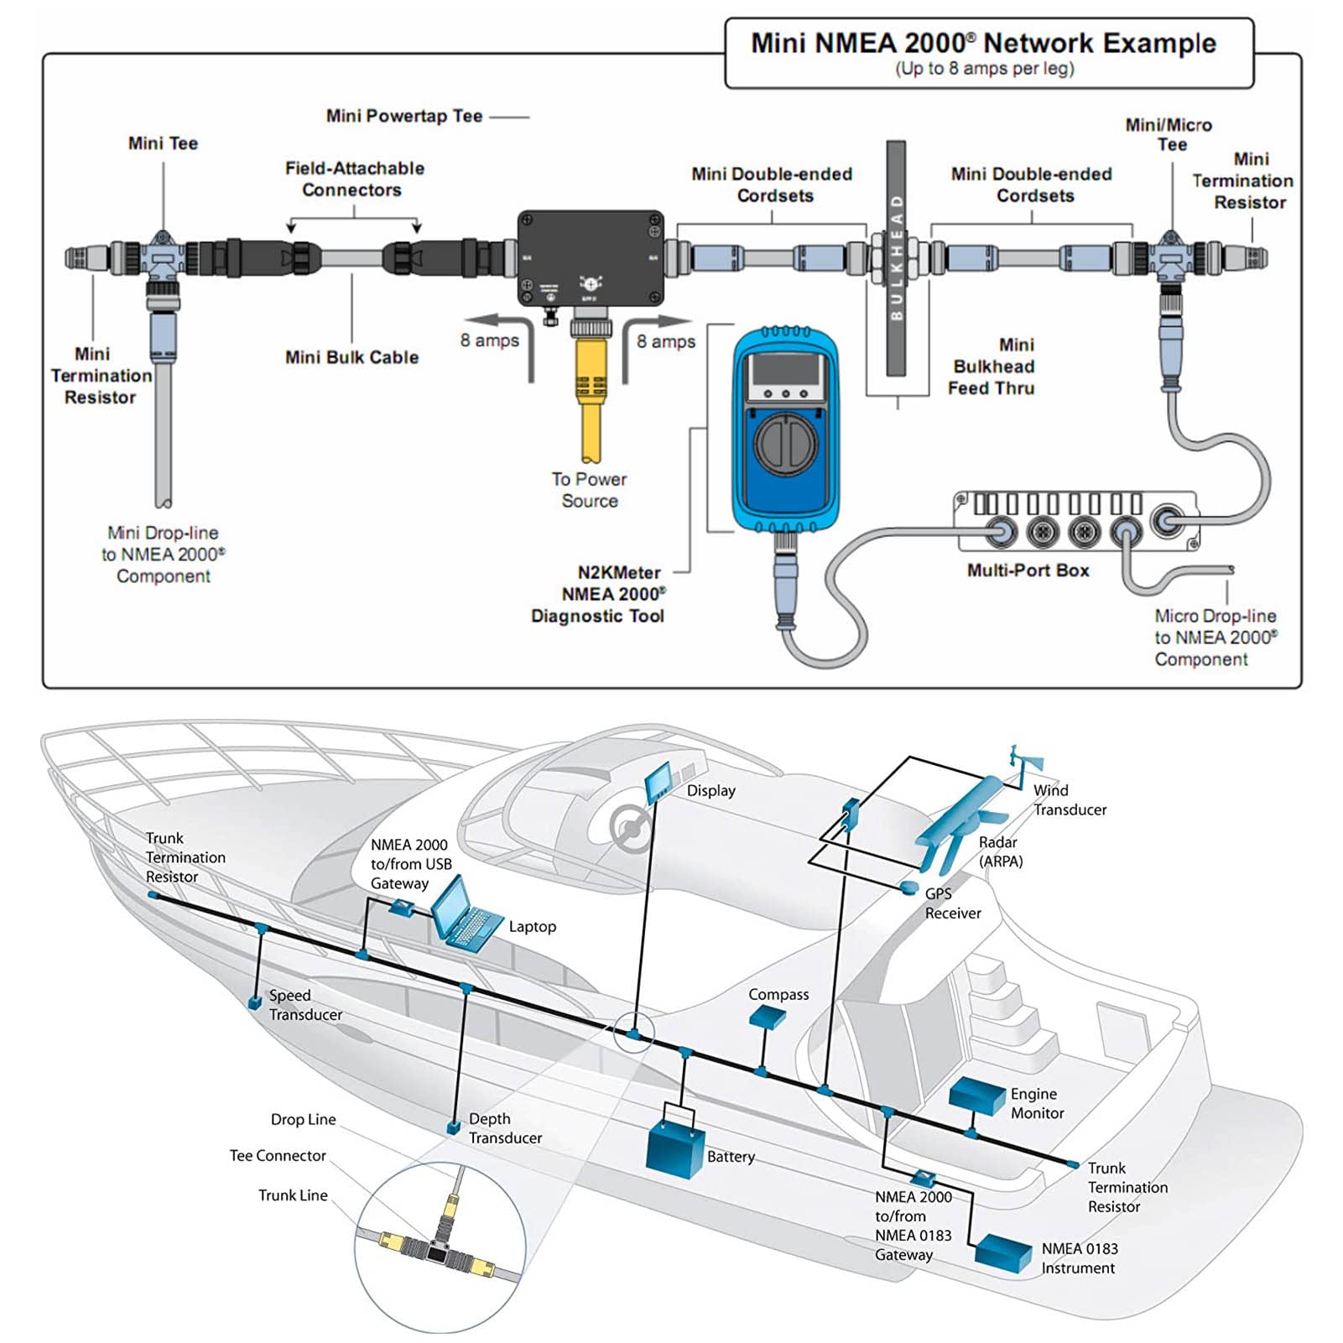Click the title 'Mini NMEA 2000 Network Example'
click(983, 44)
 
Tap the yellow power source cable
click(590, 394)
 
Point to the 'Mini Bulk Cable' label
click(351, 357)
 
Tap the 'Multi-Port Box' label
click(1028, 570)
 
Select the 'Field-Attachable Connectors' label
click(354, 179)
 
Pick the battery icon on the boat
click(675, 1150)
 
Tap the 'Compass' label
click(778, 995)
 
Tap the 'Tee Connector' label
click(278, 1156)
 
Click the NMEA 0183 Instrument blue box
click(1003, 1253)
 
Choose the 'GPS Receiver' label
click(952, 903)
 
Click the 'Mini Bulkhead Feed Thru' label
click(993, 367)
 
